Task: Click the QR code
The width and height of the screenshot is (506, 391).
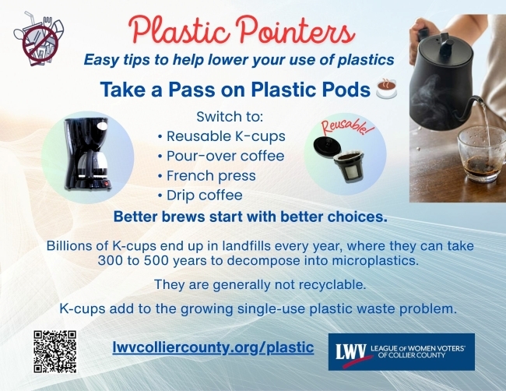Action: [54, 350]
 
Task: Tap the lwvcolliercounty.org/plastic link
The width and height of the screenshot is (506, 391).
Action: [213, 347]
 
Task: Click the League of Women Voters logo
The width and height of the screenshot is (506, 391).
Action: [401, 351]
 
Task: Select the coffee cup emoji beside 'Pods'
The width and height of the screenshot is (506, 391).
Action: [385, 90]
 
